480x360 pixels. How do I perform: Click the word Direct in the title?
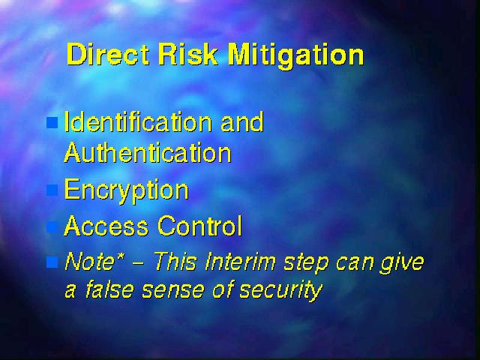tap(108, 54)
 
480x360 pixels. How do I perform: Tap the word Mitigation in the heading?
tap(296, 55)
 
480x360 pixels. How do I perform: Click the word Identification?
tap(138, 121)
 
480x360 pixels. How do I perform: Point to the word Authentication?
tap(148, 151)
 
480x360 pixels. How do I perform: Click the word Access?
tap(106, 225)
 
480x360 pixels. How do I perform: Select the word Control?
tap(200, 225)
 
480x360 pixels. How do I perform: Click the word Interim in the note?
tap(241, 262)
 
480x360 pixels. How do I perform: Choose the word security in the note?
tap(281, 291)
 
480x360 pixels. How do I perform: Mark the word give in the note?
tap(402, 263)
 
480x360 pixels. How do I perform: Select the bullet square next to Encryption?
tap(52, 190)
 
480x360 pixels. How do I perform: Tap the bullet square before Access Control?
tap(52, 226)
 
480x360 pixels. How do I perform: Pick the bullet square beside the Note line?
tap(52, 262)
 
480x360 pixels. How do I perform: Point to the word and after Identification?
tap(242, 121)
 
